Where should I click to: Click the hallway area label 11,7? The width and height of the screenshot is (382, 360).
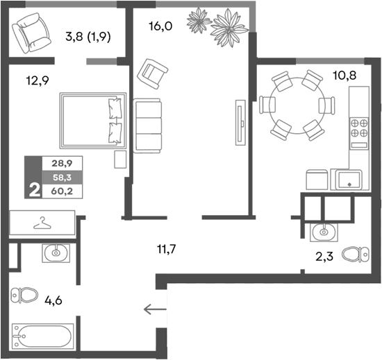click(165, 246)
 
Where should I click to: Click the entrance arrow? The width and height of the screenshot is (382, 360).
click(156, 310)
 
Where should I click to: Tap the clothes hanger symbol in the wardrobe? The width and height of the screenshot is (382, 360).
click(43, 223)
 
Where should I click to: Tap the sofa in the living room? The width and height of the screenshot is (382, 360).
click(147, 125)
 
